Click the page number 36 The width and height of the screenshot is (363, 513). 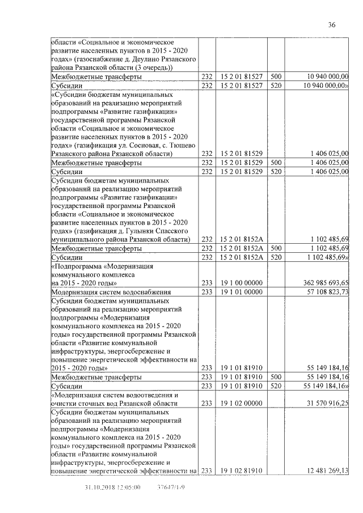pyautogui.click(x=332, y=24)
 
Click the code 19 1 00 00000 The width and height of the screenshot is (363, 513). pyautogui.click(x=241, y=282)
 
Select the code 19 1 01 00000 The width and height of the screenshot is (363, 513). pyautogui.click(x=241, y=291)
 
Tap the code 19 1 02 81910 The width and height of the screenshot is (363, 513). pyautogui.click(x=241, y=469)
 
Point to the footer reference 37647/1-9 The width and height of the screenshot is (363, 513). pyautogui.click(x=171, y=487)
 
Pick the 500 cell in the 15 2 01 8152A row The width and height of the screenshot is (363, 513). pyautogui.click(x=276, y=248)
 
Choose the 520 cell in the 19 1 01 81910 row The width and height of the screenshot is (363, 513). pyautogui.click(x=276, y=385)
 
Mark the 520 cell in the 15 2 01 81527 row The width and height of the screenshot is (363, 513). pyautogui.click(x=276, y=85)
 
